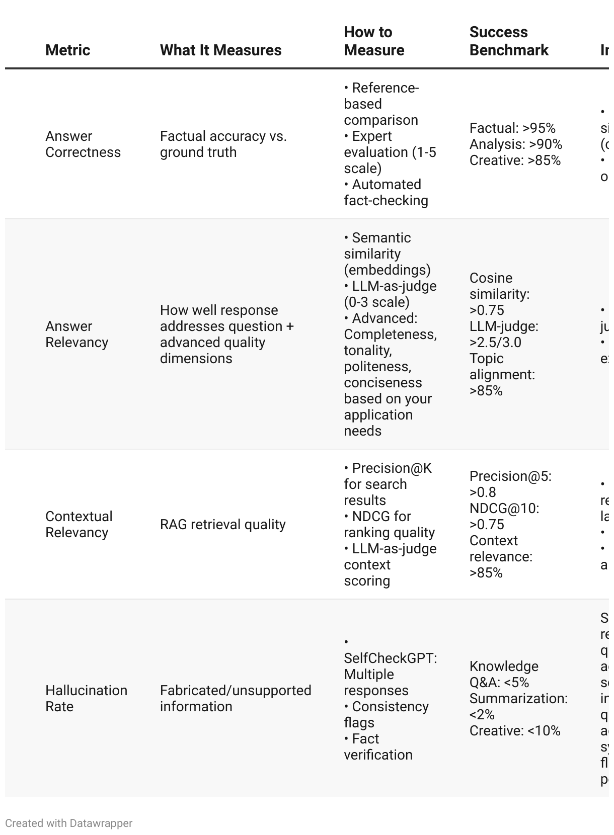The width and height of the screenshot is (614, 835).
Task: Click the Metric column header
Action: (67, 50)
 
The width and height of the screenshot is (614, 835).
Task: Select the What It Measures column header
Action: (220, 50)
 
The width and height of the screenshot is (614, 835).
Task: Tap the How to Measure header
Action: (374, 41)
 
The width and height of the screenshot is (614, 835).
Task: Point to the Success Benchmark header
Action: (508, 41)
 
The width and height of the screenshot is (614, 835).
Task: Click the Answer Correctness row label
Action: (83, 144)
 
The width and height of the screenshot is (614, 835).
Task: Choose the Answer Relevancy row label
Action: (76, 335)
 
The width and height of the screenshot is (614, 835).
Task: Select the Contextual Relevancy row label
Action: (79, 525)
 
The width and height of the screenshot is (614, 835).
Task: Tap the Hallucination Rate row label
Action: (86, 699)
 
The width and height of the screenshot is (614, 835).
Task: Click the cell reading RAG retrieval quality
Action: (222, 525)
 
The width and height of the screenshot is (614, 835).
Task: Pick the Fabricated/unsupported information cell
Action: (236, 699)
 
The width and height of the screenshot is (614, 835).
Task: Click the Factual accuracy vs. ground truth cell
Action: (223, 144)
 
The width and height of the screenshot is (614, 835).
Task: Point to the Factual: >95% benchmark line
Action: (512, 128)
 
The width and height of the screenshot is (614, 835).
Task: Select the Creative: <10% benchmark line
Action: (515, 731)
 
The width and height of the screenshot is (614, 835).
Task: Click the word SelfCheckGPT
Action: (390, 658)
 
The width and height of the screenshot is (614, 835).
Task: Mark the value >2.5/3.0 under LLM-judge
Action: (495, 343)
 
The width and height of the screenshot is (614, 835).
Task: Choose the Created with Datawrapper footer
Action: (69, 823)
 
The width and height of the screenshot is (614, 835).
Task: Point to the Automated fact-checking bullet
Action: (386, 193)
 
